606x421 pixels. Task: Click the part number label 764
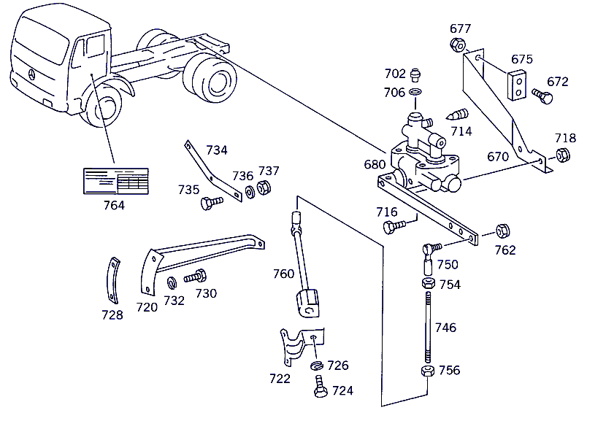pyautogui.click(x=114, y=205)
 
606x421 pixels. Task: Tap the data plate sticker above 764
pyautogui.click(x=116, y=181)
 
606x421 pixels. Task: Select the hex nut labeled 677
pyautogui.click(x=458, y=45)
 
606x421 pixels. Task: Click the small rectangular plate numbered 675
pyautogui.click(x=518, y=85)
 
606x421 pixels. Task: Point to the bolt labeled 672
pyautogui.click(x=542, y=96)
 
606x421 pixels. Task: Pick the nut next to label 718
pyautogui.click(x=563, y=155)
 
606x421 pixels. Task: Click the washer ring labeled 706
pyautogui.click(x=415, y=93)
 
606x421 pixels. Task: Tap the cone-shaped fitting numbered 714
pyautogui.click(x=457, y=115)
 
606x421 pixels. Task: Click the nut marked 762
pyautogui.click(x=502, y=231)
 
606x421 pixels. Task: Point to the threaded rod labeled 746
pyautogui.click(x=428, y=328)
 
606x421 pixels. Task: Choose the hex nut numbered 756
pyautogui.click(x=427, y=371)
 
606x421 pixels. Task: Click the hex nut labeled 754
pyautogui.click(x=429, y=284)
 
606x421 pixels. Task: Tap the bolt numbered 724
pyautogui.click(x=321, y=386)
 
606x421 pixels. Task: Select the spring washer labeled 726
pyautogui.click(x=317, y=366)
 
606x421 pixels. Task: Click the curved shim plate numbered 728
pyautogui.click(x=112, y=280)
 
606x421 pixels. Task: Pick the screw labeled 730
pyautogui.click(x=196, y=277)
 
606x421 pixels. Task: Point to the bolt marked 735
pyautogui.click(x=212, y=202)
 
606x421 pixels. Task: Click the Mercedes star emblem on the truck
pyautogui.click(x=31, y=74)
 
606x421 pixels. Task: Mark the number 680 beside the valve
pyautogui.click(x=375, y=165)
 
